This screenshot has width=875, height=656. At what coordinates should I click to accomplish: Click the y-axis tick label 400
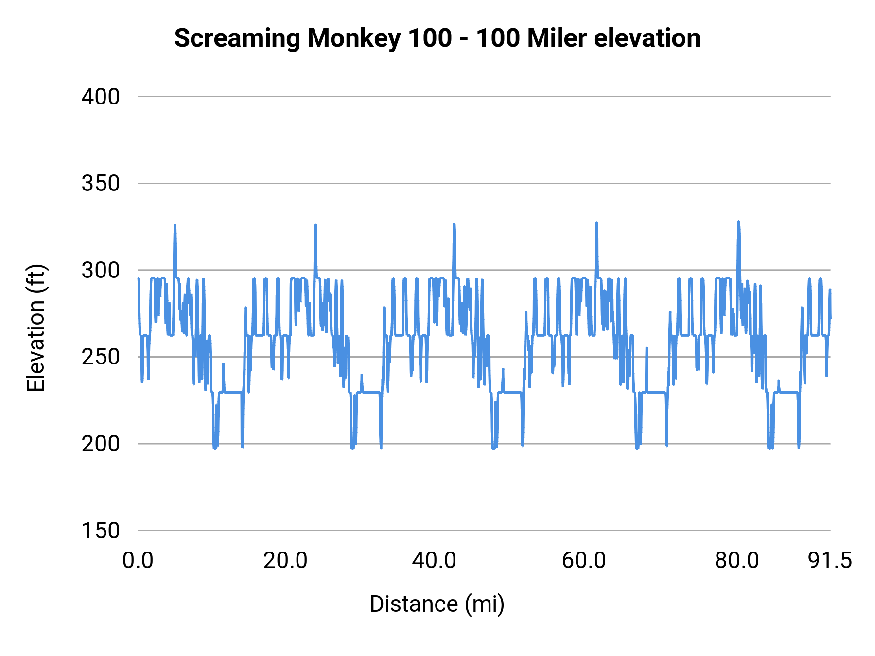(x=100, y=97)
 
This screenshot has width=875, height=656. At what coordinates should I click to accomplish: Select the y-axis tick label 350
(x=100, y=184)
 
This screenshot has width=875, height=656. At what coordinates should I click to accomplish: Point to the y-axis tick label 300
(x=100, y=270)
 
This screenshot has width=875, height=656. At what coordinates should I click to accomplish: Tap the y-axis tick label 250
(x=100, y=357)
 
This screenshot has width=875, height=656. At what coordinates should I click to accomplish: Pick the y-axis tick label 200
(x=100, y=444)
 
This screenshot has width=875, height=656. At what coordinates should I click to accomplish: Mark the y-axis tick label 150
(x=100, y=531)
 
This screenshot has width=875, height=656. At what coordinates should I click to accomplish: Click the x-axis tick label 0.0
(x=138, y=561)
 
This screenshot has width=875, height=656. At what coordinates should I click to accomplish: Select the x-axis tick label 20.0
(x=285, y=561)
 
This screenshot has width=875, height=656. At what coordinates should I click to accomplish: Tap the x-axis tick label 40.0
(x=434, y=561)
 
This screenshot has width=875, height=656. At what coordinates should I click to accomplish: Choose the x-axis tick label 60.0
(x=584, y=561)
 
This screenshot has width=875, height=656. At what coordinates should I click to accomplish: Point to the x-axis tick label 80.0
(x=737, y=561)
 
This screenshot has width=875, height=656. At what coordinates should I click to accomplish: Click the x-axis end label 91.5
(x=830, y=561)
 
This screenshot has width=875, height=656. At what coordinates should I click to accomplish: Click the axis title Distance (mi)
(x=437, y=604)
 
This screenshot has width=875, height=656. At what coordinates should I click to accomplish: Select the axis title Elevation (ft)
(x=36, y=328)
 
